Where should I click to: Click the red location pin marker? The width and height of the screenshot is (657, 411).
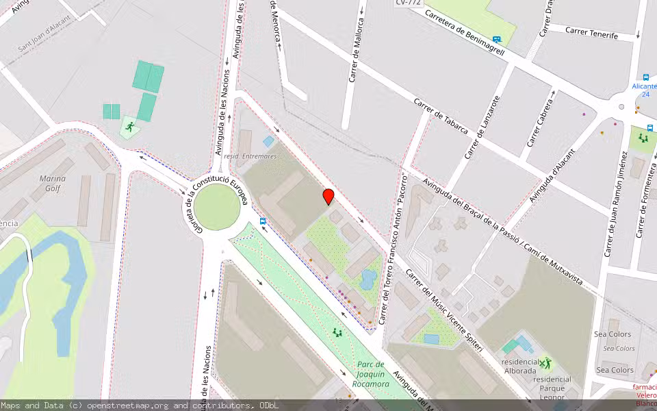coord(328,197)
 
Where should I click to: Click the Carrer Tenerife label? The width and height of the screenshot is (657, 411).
coord(592,35)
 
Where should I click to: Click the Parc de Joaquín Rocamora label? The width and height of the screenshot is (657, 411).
coord(373,374)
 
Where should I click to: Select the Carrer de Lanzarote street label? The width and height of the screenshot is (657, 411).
coord(482,127)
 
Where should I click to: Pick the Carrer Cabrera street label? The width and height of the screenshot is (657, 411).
coord(539,123)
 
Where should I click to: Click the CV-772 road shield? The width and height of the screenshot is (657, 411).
coord(408,3)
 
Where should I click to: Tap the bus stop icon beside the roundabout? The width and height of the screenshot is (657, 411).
coord(263,221)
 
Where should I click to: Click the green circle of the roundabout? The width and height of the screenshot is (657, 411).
coord(217,208)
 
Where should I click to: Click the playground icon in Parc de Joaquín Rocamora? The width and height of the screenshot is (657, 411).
coord(337,333)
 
